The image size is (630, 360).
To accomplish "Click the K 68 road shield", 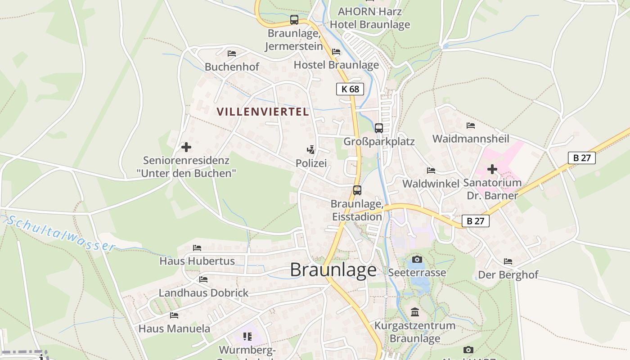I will click(350, 89).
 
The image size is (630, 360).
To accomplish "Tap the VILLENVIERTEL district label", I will click(263, 112).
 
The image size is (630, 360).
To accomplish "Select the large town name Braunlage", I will click(333, 270).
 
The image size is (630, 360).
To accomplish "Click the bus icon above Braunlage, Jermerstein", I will click(294, 20).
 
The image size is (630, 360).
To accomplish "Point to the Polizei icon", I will click(310, 150).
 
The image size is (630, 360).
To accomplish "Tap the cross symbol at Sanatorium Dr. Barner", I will click(492, 169).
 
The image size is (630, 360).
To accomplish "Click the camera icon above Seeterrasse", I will click(417, 259).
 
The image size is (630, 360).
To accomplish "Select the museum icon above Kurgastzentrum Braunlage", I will click(415, 312).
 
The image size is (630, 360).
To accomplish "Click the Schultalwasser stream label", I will click(61, 233).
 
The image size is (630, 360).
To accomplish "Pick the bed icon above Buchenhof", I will click(232, 54).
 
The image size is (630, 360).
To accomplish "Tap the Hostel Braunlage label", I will click(336, 65).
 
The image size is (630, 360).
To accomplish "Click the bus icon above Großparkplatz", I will click(379, 128).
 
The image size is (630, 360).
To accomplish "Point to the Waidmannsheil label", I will click(471, 139).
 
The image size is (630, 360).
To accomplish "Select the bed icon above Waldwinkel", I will click(431, 171).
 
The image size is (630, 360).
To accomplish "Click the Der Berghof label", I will click(508, 274).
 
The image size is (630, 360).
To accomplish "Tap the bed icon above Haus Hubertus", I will click(197, 247).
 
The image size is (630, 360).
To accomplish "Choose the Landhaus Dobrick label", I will click(203, 293).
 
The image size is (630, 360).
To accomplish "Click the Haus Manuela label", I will click(174, 328).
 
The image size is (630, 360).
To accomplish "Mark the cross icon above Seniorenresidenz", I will click(186, 147).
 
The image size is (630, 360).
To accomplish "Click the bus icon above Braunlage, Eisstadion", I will click(357, 190).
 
